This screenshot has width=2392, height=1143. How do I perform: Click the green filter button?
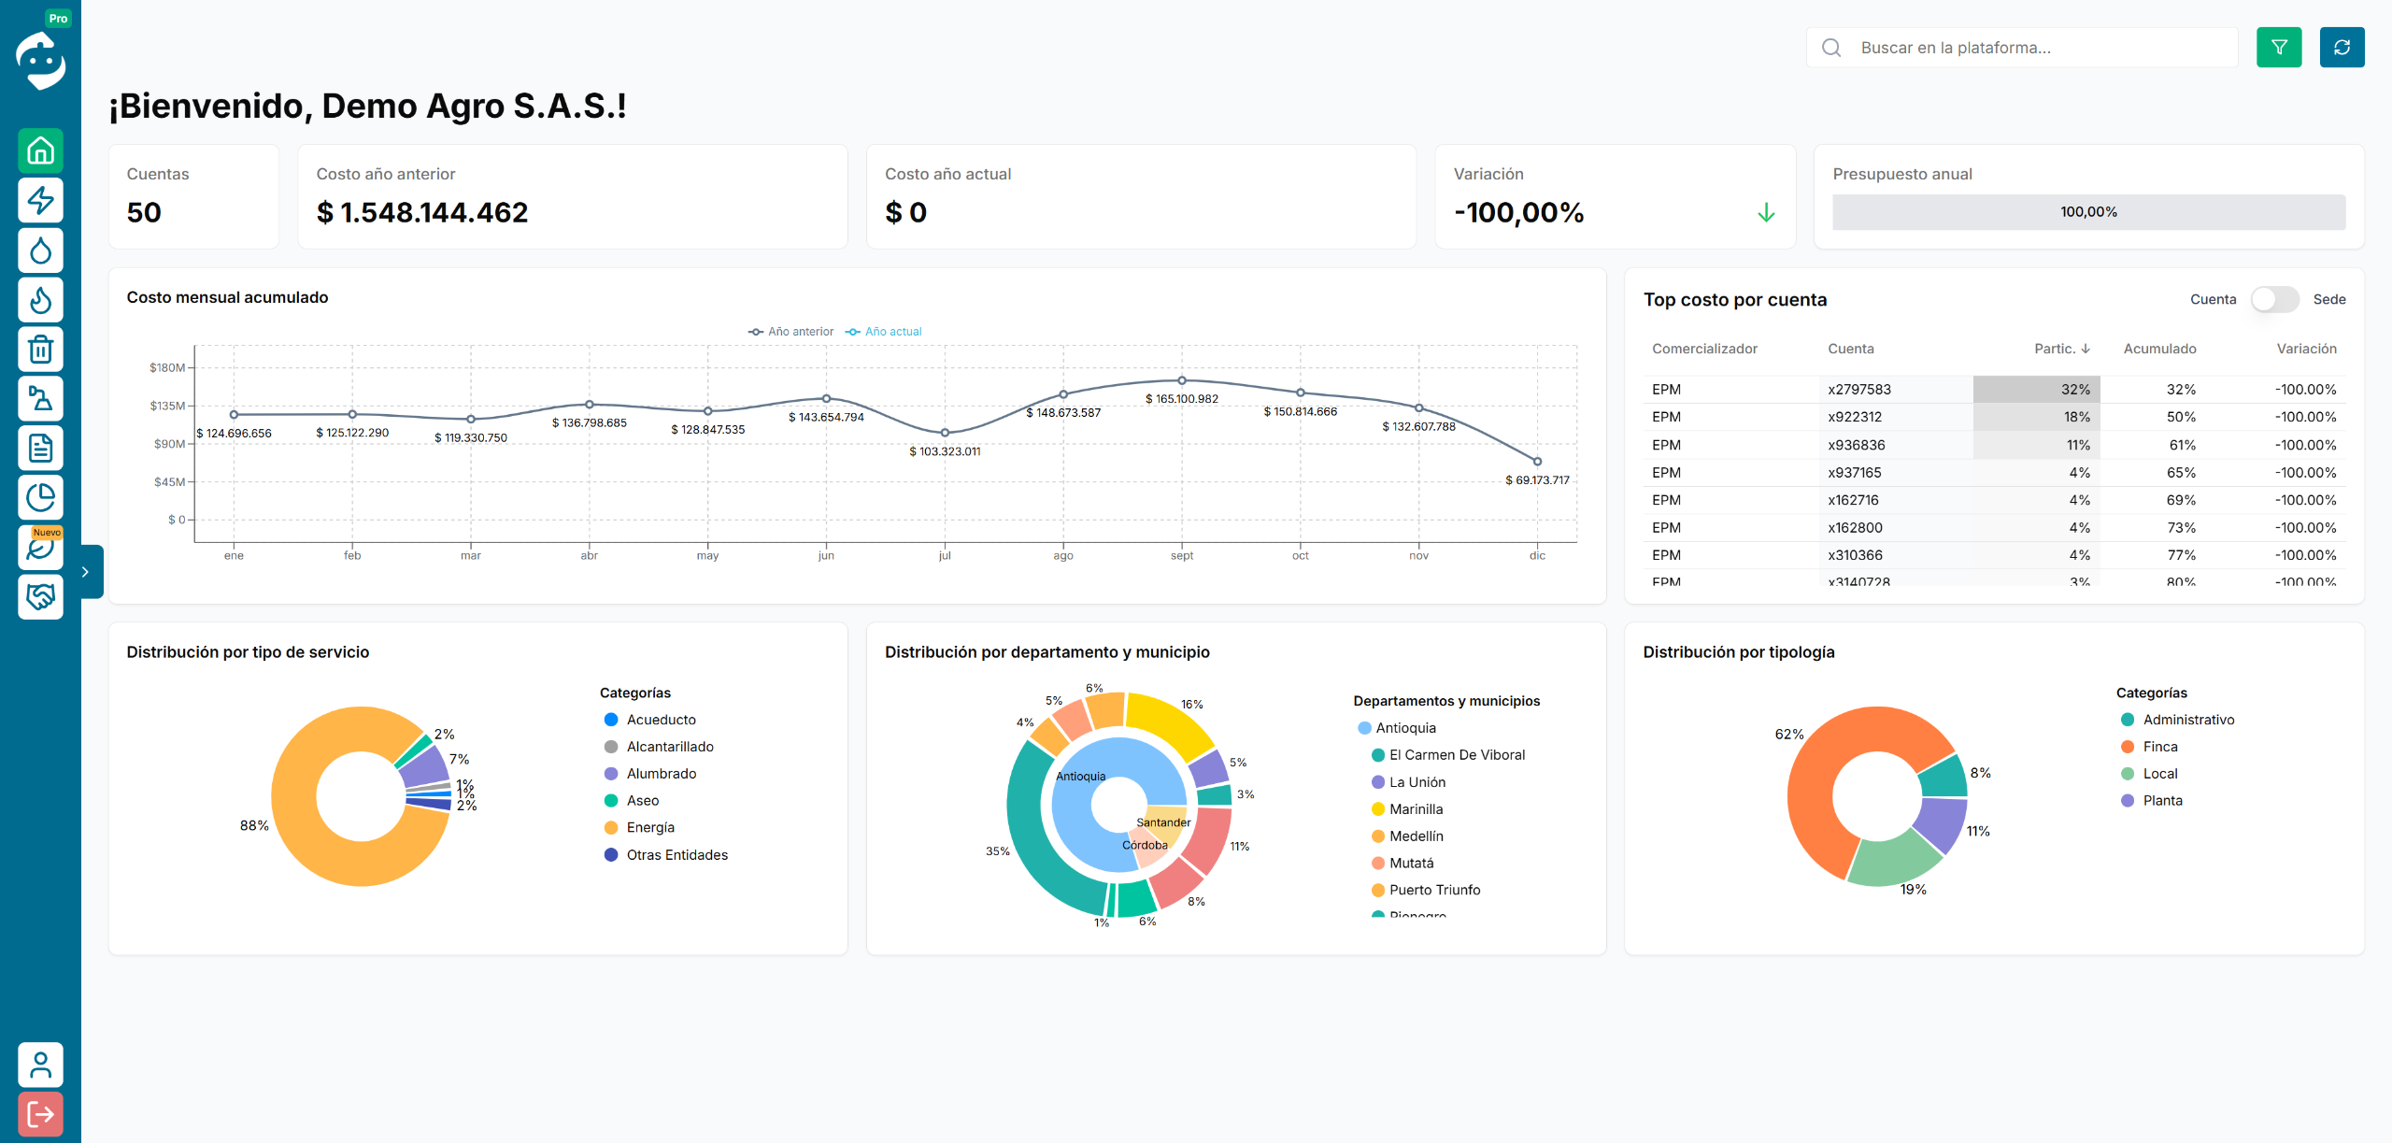2278,48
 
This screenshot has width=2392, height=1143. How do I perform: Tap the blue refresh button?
2342,48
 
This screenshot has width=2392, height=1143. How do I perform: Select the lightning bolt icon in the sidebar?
40,200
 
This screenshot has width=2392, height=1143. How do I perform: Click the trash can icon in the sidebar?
40,350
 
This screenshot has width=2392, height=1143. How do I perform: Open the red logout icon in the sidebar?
40,1114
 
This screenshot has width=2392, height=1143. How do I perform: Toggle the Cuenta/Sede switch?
2274,299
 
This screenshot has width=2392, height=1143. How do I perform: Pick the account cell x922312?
1855,417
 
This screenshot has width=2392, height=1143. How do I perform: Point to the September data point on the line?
1182,380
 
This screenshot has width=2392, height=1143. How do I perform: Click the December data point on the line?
1537,462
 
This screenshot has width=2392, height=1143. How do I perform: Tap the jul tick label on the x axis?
945,556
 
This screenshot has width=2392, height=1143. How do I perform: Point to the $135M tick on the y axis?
167,406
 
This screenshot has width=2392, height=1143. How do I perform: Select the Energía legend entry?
650,828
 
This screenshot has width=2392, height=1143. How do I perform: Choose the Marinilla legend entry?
1416,809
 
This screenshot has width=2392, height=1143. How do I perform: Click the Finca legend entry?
2159,747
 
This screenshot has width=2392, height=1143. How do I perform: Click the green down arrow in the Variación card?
1766,213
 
